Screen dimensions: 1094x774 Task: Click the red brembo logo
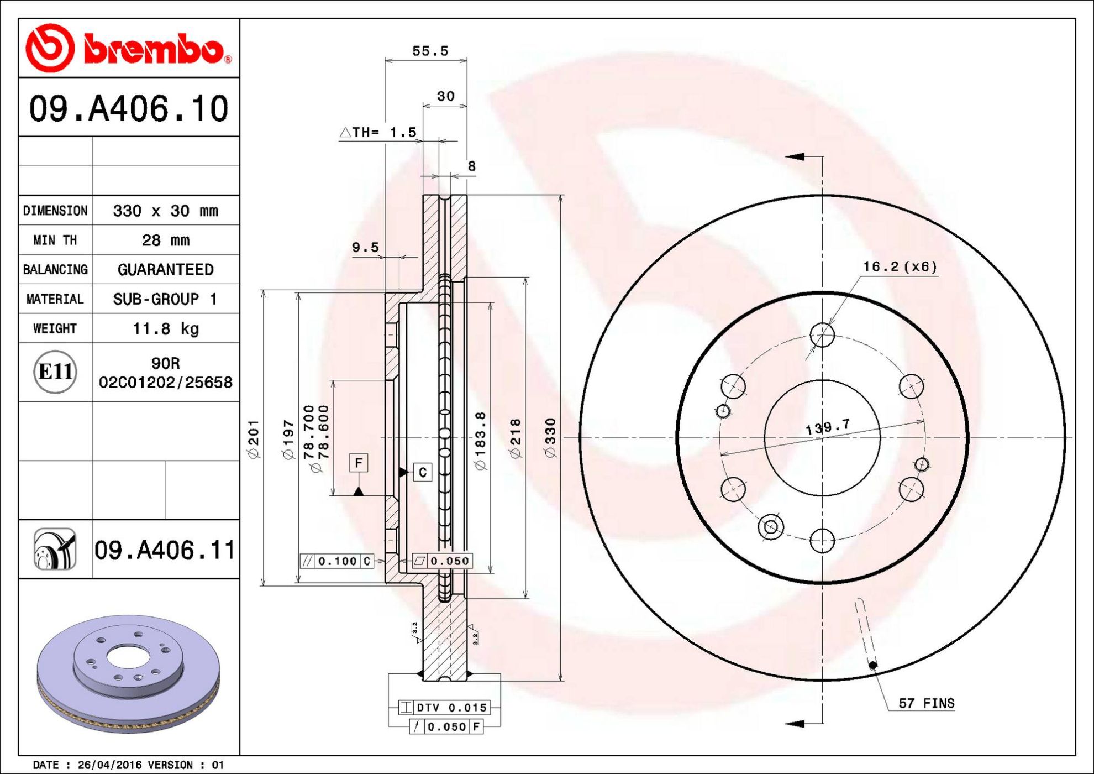point(129,48)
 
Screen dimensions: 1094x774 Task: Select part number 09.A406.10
point(129,108)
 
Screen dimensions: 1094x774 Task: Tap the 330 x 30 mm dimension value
point(166,211)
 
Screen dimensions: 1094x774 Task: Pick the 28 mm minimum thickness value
point(166,240)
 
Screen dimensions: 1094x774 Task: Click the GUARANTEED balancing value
point(166,269)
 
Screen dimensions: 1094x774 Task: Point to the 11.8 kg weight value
point(166,328)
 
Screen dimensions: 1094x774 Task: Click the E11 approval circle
point(55,372)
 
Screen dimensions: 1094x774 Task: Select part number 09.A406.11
point(165,550)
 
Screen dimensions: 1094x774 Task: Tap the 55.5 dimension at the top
point(430,51)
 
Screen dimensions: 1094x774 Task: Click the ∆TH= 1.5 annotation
point(378,132)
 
